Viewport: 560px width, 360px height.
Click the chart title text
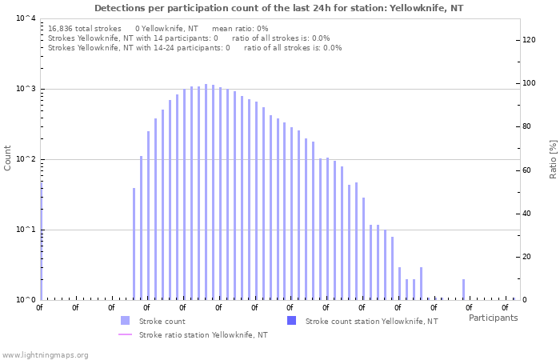(278, 8)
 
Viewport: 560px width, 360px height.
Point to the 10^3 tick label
(25, 89)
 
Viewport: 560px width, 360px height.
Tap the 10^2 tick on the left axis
(25, 159)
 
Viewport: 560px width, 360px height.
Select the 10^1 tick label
(25, 230)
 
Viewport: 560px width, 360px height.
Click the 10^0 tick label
(25, 300)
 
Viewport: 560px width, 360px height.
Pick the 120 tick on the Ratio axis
(528, 40)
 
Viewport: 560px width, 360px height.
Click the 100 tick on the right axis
(528, 83)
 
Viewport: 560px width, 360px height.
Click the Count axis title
(8, 158)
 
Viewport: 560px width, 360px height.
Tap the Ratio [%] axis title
(553, 158)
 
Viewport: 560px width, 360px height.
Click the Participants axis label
(493, 318)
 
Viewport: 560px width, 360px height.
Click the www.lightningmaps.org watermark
(45, 354)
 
